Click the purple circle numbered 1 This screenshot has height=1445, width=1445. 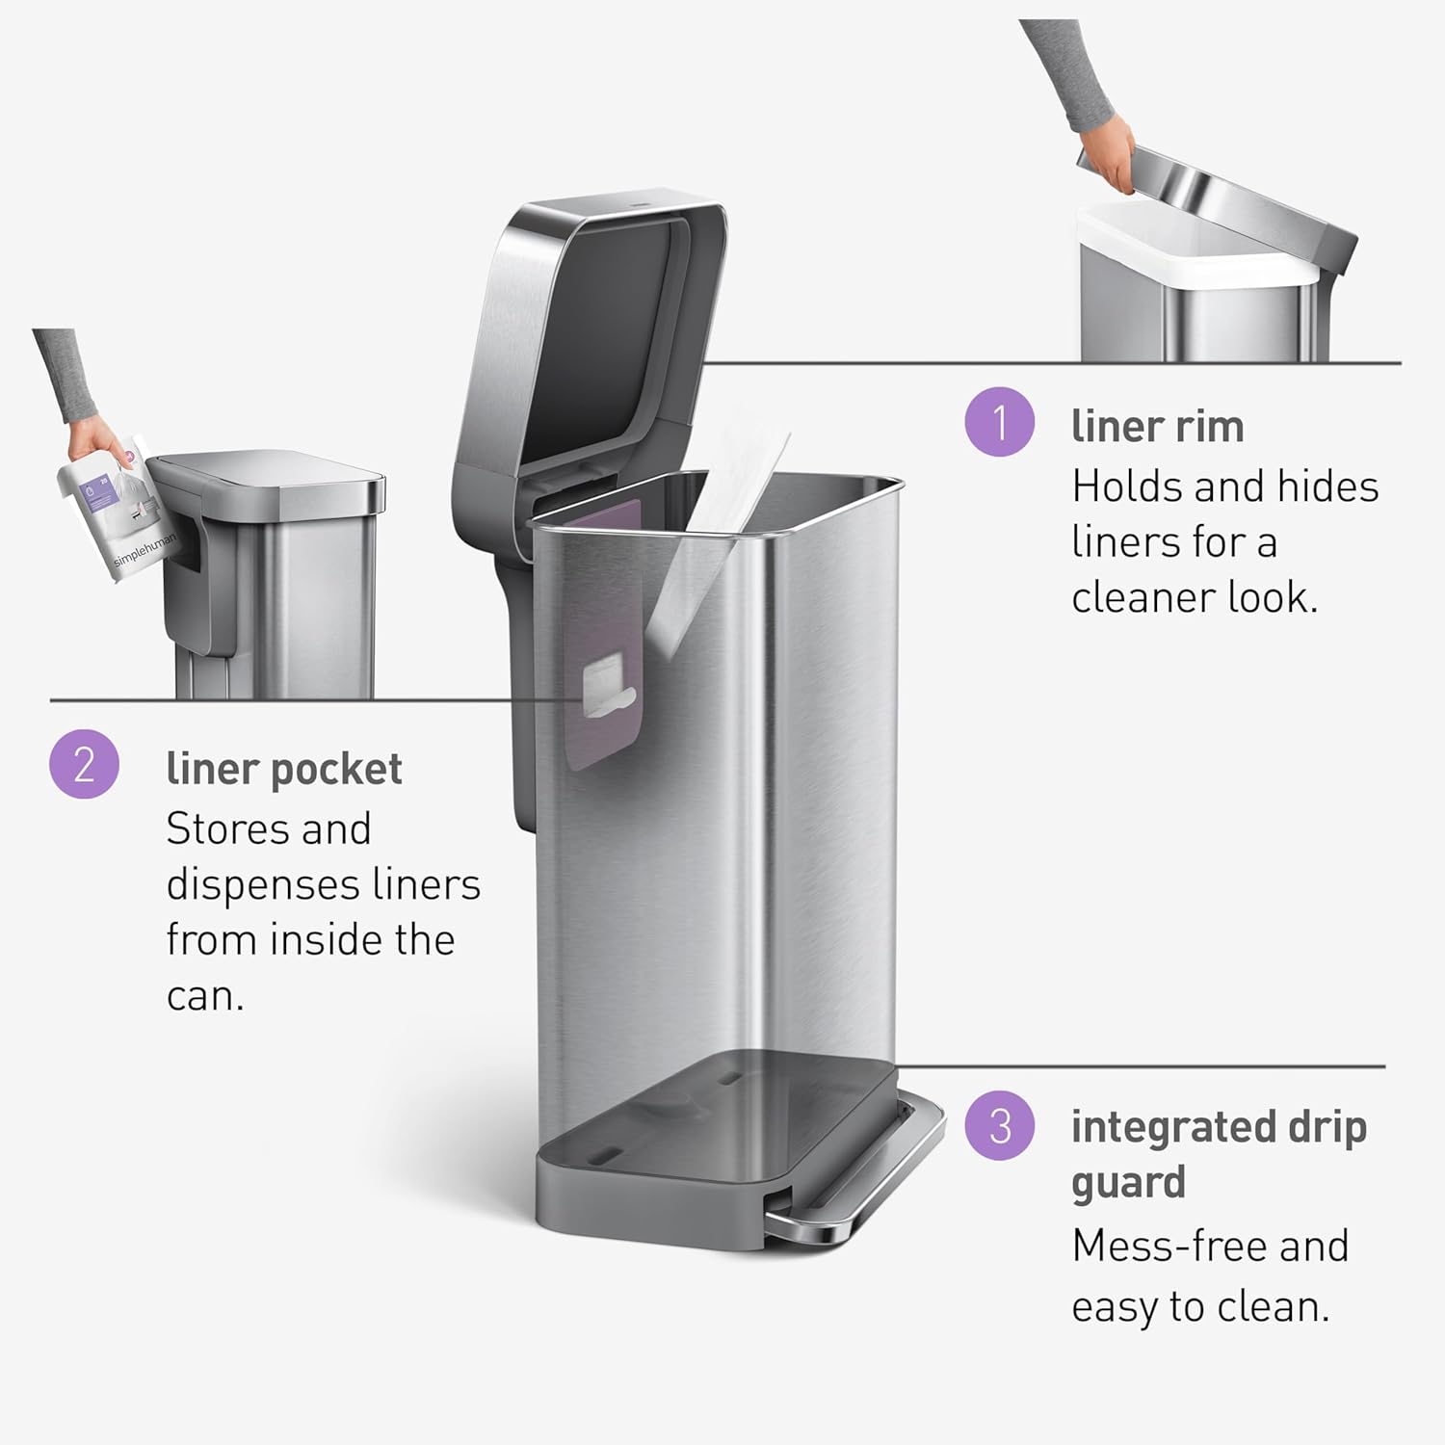(999, 422)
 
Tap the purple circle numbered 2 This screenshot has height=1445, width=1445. (84, 764)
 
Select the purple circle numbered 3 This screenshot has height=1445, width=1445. (1000, 1125)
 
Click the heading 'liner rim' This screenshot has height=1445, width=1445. (1157, 426)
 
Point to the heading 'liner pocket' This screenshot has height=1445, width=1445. (284, 769)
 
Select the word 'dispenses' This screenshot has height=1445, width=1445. (249, 884)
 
